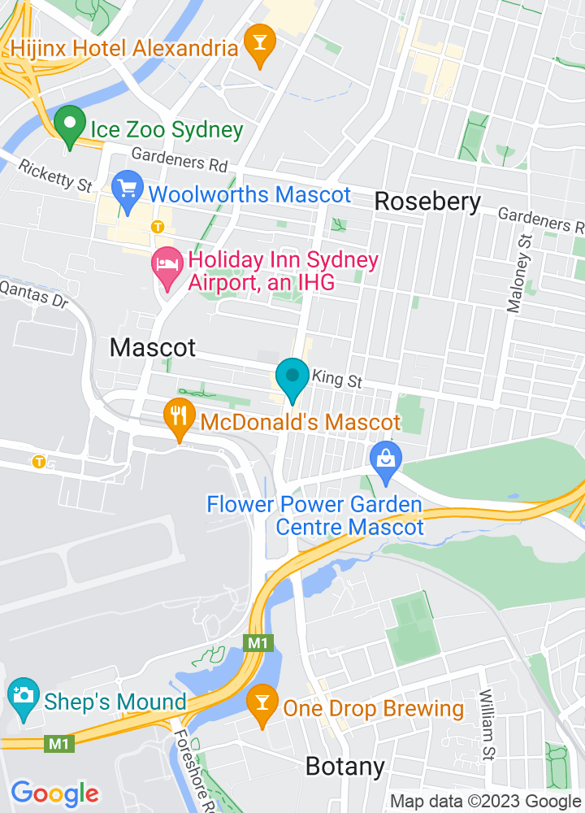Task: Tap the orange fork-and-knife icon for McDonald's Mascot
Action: (x=178, y=416)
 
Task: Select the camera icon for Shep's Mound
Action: (x=24, y=696)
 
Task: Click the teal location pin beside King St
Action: (x=292, y=378)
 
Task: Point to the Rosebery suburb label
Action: (x=427, y=202)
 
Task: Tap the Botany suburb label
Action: (x=344, y=766)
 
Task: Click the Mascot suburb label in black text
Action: (x=153, y=348)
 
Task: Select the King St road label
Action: (x=336, y=378)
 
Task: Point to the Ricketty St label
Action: (x=55, y=176)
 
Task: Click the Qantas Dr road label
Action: (x=34, y=294)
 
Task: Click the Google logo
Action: (x=54, y=793)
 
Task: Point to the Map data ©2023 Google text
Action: (x=485, y=801)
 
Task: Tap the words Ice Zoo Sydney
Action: (x=167, y=129)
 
